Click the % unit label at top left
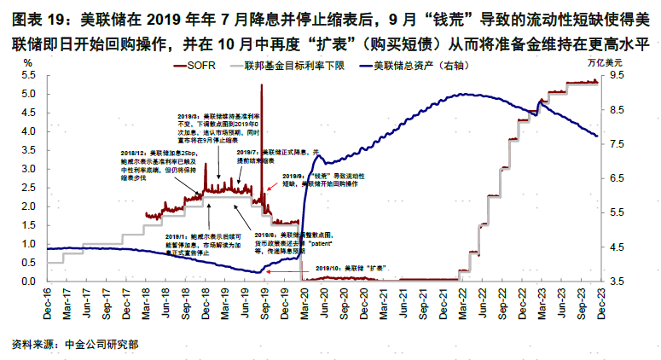point(28,62)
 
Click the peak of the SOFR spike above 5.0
point(261,85)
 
